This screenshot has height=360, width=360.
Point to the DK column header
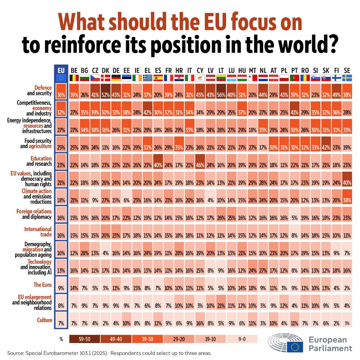click(106, 70)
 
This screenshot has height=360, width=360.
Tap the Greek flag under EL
click(147, 78)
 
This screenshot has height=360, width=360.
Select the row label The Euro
click(43, 285)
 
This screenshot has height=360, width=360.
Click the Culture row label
click(45, 320)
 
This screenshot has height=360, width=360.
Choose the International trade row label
click(38, 232)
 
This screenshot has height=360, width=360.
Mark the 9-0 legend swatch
click(242, 339)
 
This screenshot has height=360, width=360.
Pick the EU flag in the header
click(60, 78)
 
